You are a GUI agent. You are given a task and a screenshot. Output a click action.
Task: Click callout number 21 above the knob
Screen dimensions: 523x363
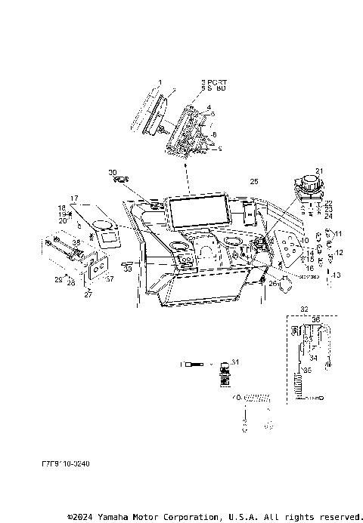click(x=319, y=171)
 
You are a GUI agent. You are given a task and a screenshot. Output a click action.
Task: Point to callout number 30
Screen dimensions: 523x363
click(x=113, y=172)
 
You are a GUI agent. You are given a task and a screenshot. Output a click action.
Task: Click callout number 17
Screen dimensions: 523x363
click(x=74, y=198)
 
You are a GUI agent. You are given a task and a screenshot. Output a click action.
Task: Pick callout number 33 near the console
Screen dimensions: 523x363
click(x=128, y=268)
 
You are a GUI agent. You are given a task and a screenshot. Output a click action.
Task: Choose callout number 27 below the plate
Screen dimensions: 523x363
click(x=87, y=295)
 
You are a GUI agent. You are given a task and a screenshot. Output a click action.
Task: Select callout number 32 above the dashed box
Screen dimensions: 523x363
click(x=304, y=309)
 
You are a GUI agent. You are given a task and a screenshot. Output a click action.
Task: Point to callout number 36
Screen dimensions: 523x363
click(x=315, y=319)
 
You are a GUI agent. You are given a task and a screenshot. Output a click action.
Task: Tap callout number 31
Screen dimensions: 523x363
click(x=234, y=361)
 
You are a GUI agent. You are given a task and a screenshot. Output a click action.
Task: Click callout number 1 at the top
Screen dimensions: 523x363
click(x=160, y=81)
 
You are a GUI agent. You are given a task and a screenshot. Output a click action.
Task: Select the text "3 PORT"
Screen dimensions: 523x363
click(x=214, y=81)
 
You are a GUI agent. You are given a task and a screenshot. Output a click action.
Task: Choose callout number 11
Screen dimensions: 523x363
click(x=338, y=233)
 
